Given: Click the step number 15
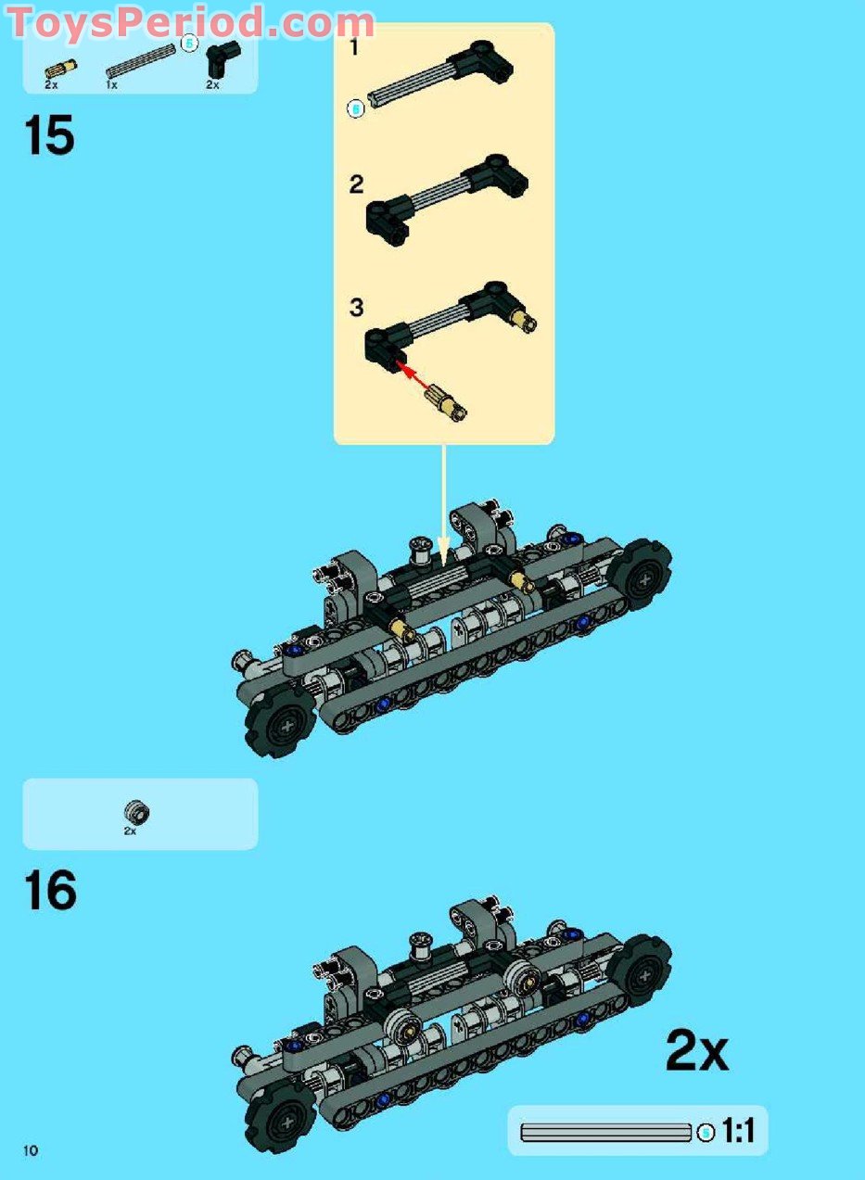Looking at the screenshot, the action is (49, 135).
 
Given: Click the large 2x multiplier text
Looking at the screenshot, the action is (697, 1035).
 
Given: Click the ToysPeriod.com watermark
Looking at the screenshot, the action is (191, 21).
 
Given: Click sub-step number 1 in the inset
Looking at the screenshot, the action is (354, 47).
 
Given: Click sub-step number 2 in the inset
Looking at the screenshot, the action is (357, 184).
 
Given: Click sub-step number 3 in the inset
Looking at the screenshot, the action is (357, 307).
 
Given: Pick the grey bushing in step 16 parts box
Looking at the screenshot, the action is (137, 811).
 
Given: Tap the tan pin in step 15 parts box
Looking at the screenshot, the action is (61, 69).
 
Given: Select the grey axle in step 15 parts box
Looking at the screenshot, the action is (140, 61).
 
